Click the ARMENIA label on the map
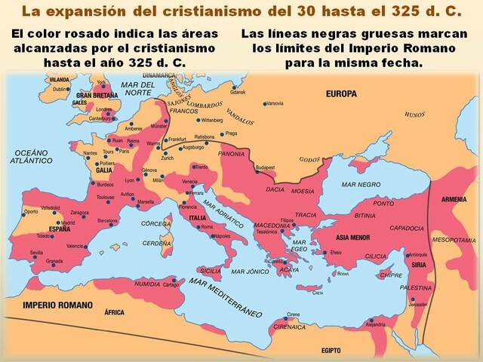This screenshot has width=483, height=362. (x=454, y=199)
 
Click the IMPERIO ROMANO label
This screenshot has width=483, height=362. (x=57, y=305)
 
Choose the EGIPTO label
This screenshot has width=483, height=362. (x=332, y=351)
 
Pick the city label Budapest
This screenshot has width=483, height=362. (x=265, y=167)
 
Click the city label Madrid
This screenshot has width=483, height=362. (x=68, y=222)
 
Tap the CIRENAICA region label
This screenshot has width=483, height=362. (x=289, y=328)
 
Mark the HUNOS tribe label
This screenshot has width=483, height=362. (x=415, y=114)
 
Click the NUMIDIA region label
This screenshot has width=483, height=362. (x=147, y=284)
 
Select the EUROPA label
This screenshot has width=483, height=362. (x=341, y=94)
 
